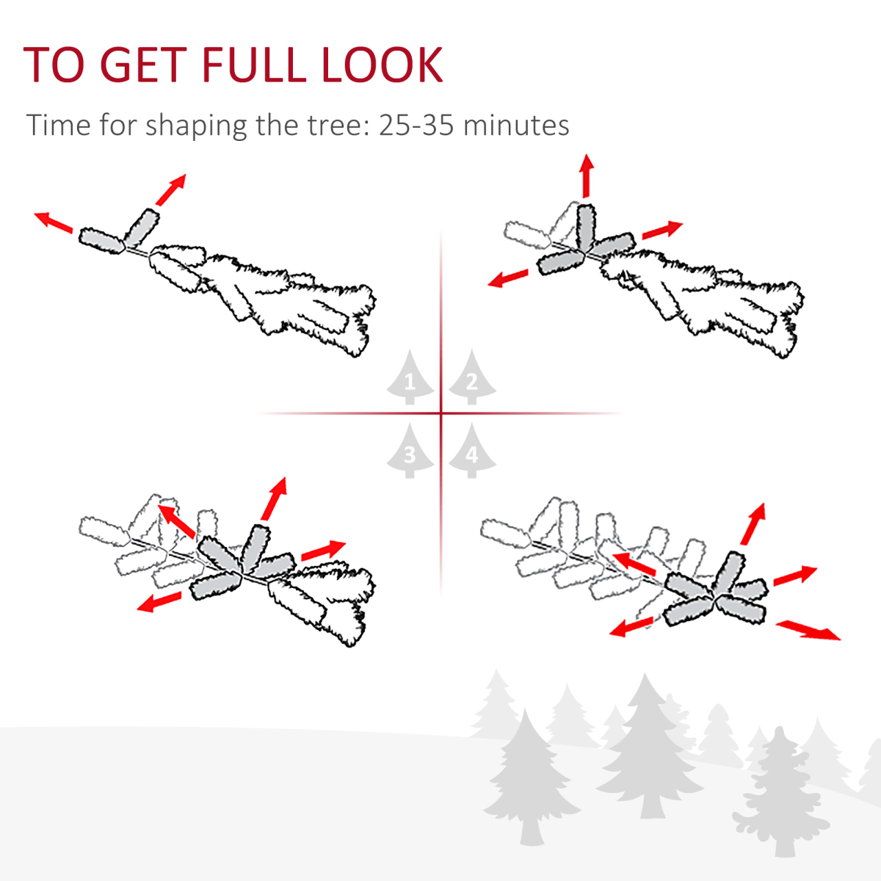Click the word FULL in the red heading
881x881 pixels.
(x=254, y=65)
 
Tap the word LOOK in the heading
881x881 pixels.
(x=383, y=65)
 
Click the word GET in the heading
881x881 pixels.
(x=143, y=65)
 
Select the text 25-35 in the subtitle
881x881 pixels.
(x=416, y=125)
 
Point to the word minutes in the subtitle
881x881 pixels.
(x=516, y=125)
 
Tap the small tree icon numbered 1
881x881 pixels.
(x=410, y=377)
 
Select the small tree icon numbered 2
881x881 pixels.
(x=472, y=377)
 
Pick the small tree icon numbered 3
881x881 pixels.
(x=410, y=451)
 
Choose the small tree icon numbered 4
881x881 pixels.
(x=472, y=451)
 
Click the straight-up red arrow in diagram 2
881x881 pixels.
(x=586, y=175)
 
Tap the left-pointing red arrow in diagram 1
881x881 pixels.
(x=53, y=222)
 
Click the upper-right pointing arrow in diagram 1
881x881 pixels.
(x=171, y=189)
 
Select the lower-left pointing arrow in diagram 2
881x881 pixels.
(x=507, y=278)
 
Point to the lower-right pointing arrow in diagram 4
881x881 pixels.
(x=808, y=631)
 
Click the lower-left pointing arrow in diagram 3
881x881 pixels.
(x=159, y=601)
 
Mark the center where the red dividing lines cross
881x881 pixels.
(x=441, y=413)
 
